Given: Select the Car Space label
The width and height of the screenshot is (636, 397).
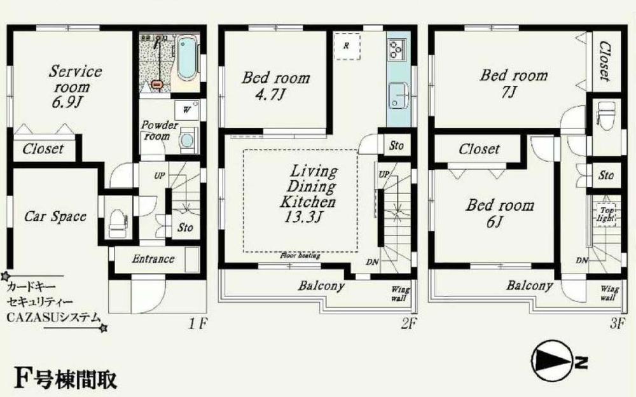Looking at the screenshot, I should [x=55, y=216].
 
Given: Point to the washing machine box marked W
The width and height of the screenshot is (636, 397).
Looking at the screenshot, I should [x=186, y=109].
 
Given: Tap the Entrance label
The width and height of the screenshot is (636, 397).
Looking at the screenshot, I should [x=153, y=259].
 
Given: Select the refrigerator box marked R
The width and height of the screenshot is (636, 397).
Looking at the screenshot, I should [x=347, y=46].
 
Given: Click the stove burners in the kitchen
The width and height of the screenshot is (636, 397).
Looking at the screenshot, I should [x=397, y=48].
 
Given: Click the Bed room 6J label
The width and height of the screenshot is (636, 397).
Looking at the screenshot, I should [x=499, y=213].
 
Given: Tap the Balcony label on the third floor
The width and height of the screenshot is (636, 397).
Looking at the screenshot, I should [x=529, y=286].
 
